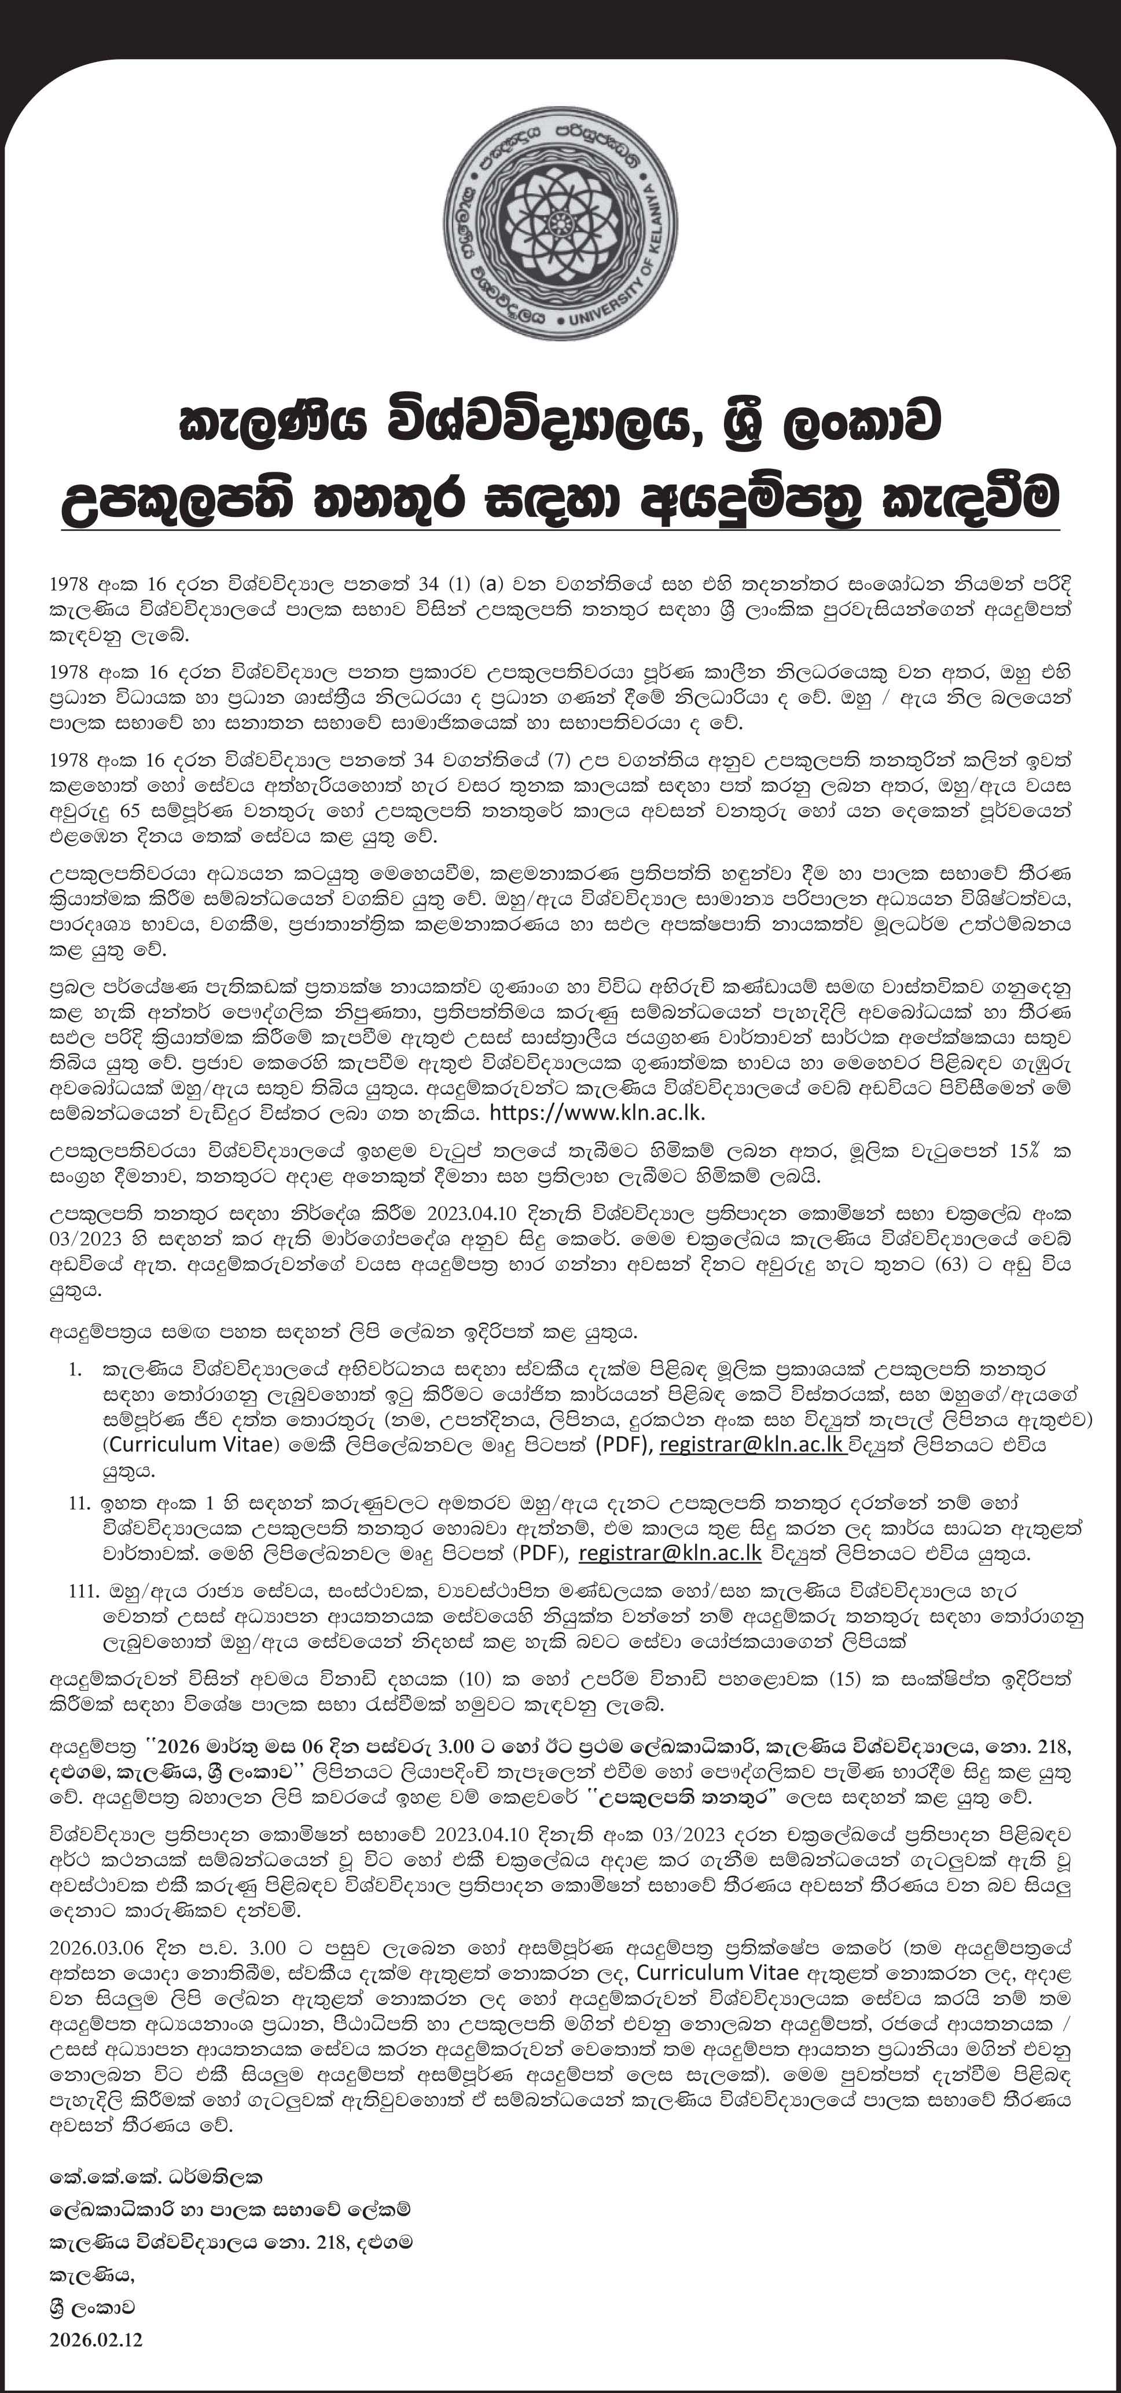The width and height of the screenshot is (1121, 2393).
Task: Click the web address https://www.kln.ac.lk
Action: [x=602, y=1112]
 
